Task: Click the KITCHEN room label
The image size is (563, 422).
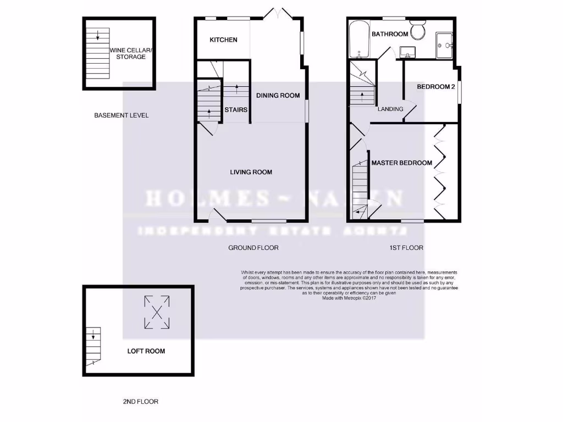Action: tap(223, 40)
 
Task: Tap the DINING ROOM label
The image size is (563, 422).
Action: tap(278, 95)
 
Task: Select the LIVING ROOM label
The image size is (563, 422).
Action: tap(251, 172)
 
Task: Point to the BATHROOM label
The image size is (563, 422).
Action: tap(390, 34)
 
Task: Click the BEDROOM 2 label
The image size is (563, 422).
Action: tap(435, 87)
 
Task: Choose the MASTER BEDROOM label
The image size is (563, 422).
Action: tap(401, 163)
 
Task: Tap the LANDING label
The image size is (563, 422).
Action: tap(390, 109)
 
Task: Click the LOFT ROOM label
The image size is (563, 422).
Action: tap(146, 351)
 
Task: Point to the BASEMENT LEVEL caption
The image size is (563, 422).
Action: tap(122, 115)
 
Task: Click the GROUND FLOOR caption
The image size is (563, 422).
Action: tap(253, 248)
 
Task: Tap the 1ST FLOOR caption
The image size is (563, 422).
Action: tap(406, 248)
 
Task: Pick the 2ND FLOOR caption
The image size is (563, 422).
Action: tap(140, 402)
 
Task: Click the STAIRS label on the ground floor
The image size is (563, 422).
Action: tap(236, 110)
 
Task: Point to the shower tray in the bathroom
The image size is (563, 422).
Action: tap(445, 45)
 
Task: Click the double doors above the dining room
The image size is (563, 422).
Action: tap(280, 13)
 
